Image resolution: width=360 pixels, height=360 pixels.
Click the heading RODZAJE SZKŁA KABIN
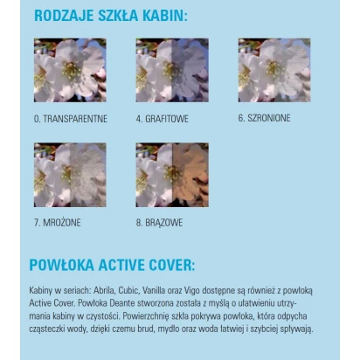click(110, 16)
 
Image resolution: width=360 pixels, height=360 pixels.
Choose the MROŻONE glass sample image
click(70, 175)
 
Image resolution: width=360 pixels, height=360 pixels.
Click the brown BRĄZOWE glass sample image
click(172, 175)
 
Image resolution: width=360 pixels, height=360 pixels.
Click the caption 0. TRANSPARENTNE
click(69, 118)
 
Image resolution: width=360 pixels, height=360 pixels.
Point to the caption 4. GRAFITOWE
click(163, 118)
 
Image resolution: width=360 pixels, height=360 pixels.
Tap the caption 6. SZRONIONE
click(264, 118)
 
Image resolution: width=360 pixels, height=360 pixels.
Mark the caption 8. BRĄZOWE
click(159, 223)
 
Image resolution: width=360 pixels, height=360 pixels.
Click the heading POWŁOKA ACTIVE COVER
click(112, 265)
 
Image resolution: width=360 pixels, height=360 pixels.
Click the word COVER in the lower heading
click(168, 265)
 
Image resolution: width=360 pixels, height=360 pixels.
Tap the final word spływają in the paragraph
click(295, 329)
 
